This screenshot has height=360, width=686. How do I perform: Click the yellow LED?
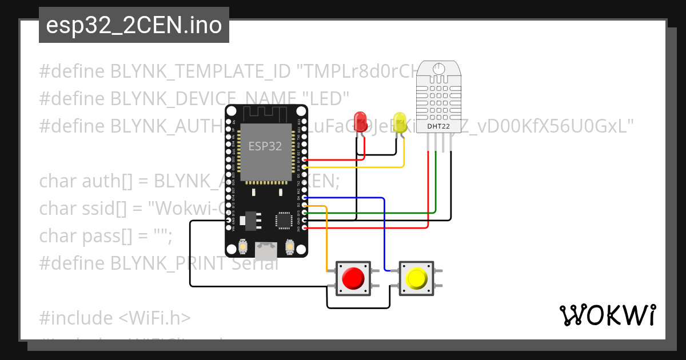(400, 122)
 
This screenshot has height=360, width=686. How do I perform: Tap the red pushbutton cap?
(352, 278)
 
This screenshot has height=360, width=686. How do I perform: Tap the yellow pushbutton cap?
(416, 278)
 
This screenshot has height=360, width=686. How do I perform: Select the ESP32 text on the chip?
(265, 146)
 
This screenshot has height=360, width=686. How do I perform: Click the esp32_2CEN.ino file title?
(134, 25)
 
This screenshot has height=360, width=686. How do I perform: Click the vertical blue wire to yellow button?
(384, 234)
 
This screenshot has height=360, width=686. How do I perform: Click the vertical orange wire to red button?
(326, 237)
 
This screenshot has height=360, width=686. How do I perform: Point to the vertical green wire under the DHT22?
(436, 183)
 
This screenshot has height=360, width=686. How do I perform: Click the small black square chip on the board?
(284, 220)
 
